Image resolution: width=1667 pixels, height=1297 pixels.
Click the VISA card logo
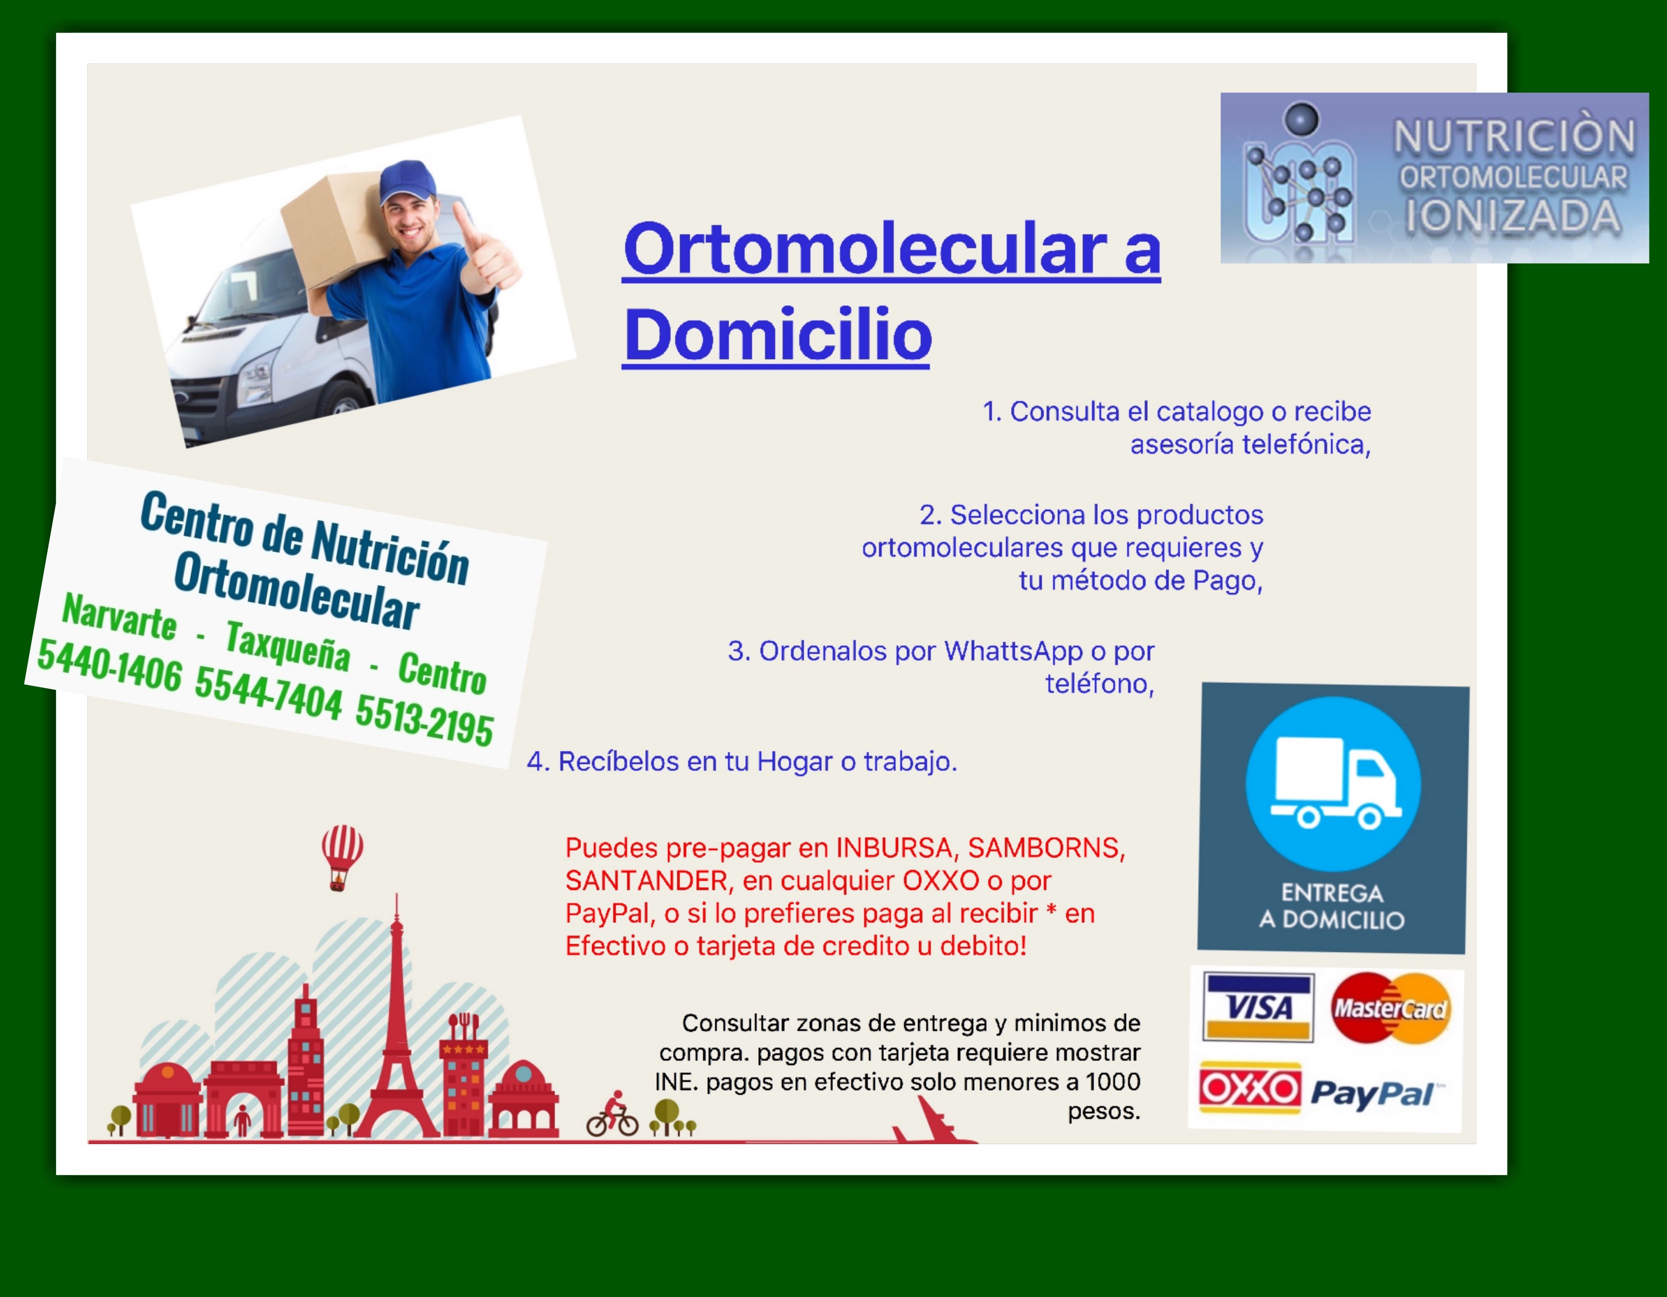click(x=1258, y=1007)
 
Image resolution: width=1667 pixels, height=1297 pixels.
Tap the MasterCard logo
click(x=1390, y=1007)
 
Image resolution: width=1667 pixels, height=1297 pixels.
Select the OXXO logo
click(x=1249, y=1087)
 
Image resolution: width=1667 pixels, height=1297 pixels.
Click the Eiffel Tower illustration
click(x=396, y=1019)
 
